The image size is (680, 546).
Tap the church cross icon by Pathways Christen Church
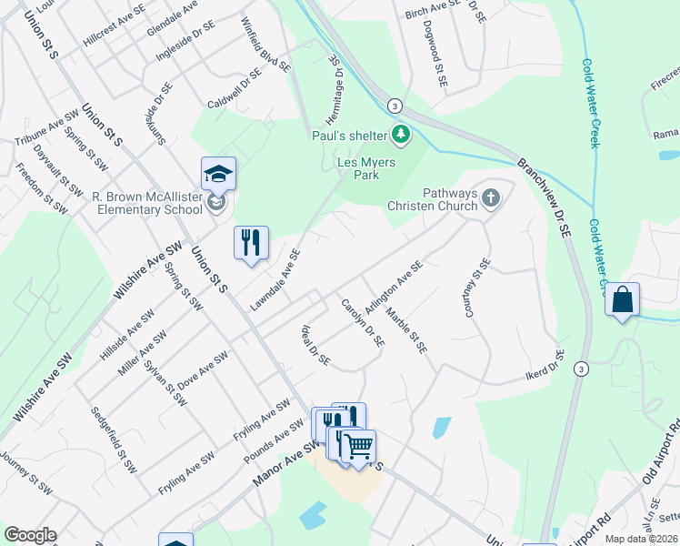coord(491,197)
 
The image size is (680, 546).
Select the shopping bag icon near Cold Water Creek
coord(623,300)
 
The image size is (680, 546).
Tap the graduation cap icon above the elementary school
coord(218,174)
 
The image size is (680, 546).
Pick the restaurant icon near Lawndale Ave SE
coord(252,243)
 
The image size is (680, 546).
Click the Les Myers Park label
coord(358,168)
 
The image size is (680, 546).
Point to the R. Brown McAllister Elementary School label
coord(147,202)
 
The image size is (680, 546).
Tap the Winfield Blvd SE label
coord(265,44)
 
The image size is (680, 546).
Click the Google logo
coord(30,535)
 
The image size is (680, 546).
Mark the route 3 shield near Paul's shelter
coord(395,106)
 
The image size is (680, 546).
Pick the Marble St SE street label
coord(406,330)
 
